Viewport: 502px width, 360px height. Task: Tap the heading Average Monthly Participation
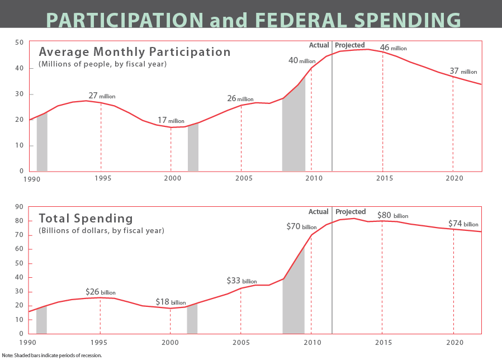point(135,52)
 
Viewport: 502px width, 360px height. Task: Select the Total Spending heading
point(86,218)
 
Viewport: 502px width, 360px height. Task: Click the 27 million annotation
point(102,96)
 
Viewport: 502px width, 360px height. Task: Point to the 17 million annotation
point(171,120)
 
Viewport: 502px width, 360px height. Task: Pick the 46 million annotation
point(393,48)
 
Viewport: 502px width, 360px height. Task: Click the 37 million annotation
point(463,71)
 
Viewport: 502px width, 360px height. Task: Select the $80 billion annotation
point(393,215)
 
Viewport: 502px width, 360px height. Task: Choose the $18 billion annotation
point(171,302)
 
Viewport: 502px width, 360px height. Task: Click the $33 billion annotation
point(241,281)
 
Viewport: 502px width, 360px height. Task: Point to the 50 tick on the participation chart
point(19,42)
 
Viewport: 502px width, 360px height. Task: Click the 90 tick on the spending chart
point(19,207)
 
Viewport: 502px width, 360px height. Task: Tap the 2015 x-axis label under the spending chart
point(382,342)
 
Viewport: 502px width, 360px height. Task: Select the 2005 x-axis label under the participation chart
point(241,178)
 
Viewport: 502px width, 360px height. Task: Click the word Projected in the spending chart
point(350,212)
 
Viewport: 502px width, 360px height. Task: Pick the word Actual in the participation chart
point(319,45)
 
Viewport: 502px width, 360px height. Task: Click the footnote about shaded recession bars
point(52,355)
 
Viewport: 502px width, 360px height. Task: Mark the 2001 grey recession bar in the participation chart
point(193,148)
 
